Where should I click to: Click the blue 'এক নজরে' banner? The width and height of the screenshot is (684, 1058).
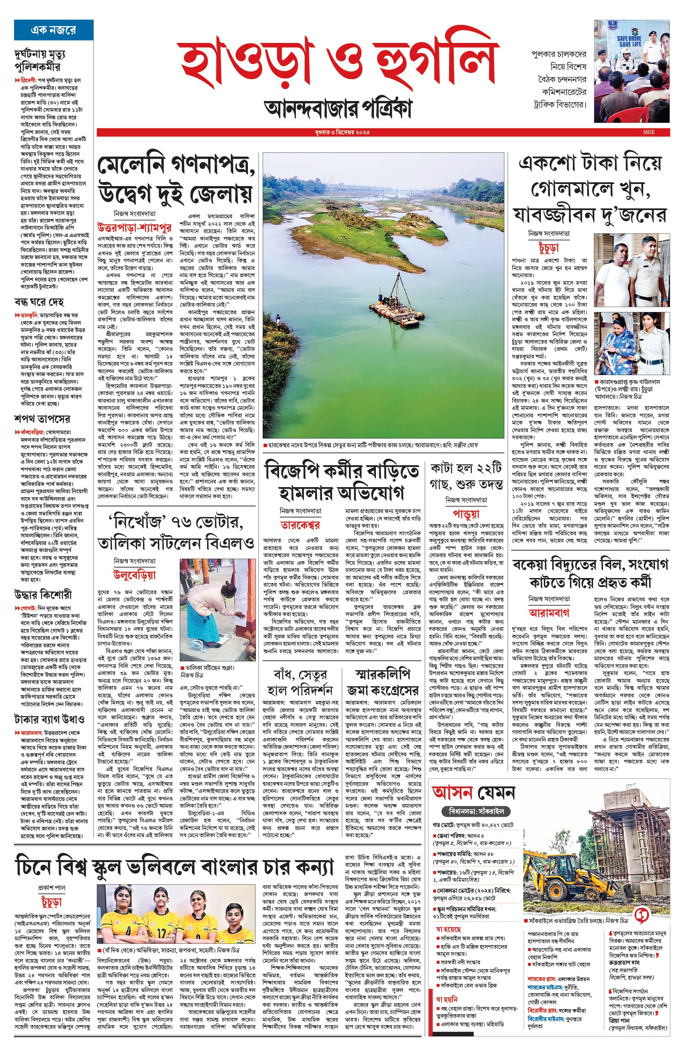pos(53,30)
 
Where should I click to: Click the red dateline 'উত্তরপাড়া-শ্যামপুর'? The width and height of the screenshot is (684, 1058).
pos(134,228)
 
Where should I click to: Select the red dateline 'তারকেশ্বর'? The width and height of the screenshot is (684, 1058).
pos(300,525)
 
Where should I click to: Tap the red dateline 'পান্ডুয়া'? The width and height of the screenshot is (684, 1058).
pos(466,514)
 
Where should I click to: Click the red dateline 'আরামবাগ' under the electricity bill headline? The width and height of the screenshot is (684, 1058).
pos(549,613)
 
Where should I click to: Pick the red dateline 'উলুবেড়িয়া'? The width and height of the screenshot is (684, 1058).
pos(134,575)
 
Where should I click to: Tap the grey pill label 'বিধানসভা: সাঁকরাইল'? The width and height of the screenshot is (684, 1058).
pos(476,811)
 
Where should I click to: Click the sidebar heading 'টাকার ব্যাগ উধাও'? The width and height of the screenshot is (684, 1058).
pos(49,719)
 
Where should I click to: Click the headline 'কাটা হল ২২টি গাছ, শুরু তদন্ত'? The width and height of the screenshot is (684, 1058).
pos(466,476)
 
